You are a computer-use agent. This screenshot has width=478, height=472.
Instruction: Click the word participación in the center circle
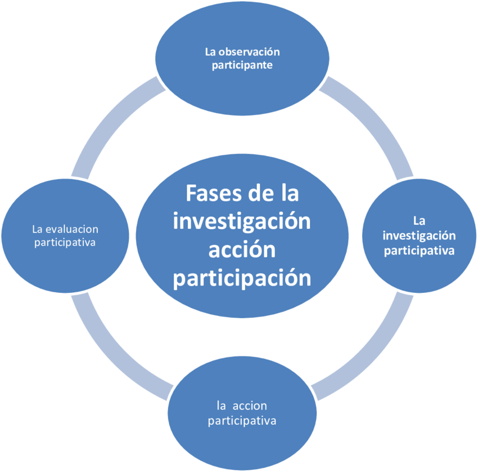[x=242, y=278]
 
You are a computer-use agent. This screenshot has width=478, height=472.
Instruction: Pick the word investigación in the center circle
[x=242, y=221]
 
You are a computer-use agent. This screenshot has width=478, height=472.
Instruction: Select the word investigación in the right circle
[x=419, y=235]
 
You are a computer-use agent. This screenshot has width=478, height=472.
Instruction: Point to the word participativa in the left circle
[x=65, y=243]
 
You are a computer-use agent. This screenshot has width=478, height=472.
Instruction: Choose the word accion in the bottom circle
[x=251, y=406]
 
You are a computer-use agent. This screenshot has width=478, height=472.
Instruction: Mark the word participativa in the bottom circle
[x=242, y=420]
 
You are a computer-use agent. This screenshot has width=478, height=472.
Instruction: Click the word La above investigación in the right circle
[x=418, y=220]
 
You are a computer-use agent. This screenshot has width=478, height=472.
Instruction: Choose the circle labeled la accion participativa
[x=242, y=439]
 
